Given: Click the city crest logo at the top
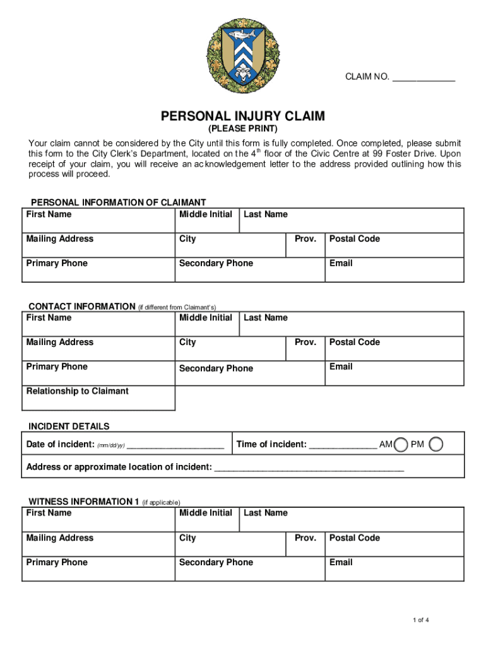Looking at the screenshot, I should [243, 54].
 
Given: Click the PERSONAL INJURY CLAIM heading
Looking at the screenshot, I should [243, 116].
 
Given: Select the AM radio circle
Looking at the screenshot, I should [400, 445].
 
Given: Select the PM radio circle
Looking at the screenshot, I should [436, 445].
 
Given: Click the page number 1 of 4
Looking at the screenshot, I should [421, 620].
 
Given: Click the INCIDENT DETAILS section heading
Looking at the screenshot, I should [69, 426].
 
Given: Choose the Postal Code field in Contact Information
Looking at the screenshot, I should [394, 349].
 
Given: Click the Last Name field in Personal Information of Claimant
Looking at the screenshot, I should [352, 222].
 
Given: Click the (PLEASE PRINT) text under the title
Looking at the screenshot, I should [243, 129].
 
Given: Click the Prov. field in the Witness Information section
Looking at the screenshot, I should [305, 544].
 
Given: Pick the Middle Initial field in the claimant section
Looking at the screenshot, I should [206, 222].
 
